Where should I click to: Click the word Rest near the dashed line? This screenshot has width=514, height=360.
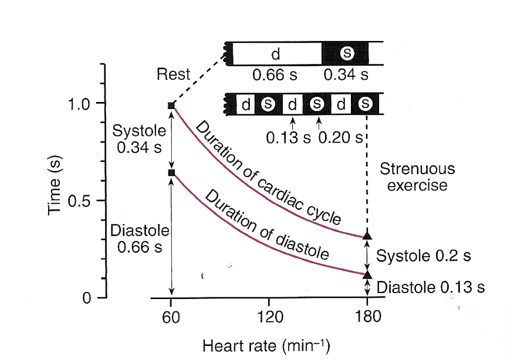(x=174, y=74)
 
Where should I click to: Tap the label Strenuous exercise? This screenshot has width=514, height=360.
(x=417, y=178)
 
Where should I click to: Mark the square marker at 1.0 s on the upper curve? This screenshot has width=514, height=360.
(x=171, y=106)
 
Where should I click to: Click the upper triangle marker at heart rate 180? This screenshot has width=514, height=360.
(x=367, y=236)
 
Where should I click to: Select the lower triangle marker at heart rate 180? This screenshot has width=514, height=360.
(x=367, y=274)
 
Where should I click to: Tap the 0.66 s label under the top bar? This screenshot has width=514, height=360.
(x=274, y=75)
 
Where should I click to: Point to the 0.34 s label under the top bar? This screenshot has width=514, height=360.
(x=346, y=75)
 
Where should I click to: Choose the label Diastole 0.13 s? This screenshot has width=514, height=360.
(x=431, y=288)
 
